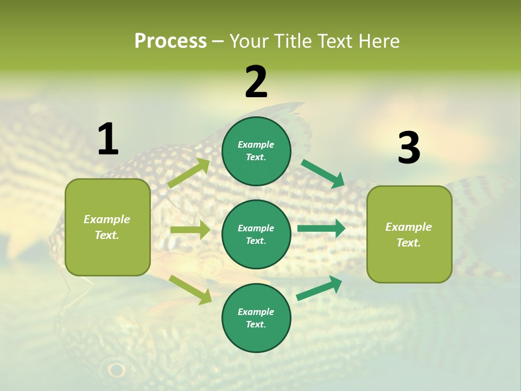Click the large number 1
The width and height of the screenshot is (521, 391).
click(x=108, y=140)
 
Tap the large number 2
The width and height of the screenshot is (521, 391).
click(x=256, y=82)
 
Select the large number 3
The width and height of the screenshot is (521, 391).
click(x=409, y=148)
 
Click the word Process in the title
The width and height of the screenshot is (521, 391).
click(x=170, y=41)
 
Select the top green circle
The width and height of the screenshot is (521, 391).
click(x=256, y=151)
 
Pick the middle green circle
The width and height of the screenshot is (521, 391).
click(x=256, y=234)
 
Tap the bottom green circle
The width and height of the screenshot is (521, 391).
click(x=256, y=318)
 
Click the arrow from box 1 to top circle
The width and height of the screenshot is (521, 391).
click(x=189, y=173)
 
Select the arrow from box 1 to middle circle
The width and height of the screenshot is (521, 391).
click(x=190, y=230)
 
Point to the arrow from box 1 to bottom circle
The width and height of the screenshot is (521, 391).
click(x=190, y=289)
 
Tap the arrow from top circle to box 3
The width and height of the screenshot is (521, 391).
click(x=323, y=173)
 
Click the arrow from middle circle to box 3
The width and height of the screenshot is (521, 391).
click(x=321, y=228)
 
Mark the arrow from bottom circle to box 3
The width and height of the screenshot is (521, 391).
click(x=320, y=288)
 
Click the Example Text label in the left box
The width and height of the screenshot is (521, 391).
click(x=107, y=227)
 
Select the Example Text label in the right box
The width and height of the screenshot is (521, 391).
click(x=409, y=235)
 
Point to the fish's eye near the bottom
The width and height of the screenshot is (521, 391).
click(x=116, y=370)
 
